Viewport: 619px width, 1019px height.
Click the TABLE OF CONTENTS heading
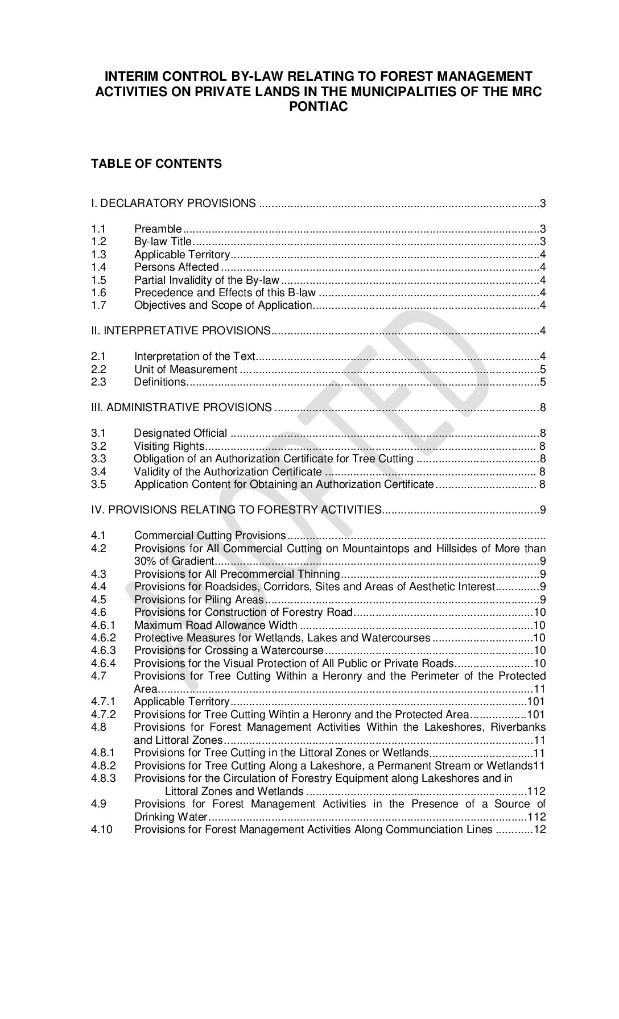(156, 164)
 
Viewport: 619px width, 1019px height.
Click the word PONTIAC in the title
(318, 106)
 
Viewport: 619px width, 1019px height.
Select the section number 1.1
(98, 229)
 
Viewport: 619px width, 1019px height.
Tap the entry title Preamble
(158, 229)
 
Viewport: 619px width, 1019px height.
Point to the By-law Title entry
(163, 242)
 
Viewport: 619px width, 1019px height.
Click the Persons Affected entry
(176, 267)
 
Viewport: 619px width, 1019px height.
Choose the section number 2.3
(98, 382)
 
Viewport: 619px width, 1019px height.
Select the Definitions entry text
(160, 382)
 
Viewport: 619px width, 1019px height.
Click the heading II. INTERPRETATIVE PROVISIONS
(181, 330)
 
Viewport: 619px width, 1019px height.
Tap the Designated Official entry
(180, 433)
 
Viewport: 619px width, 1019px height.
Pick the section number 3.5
(98, 484)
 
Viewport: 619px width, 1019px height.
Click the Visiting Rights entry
(169, 446)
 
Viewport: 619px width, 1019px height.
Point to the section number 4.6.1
(103, 626)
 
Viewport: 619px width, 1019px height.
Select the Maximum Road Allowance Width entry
(216, 626)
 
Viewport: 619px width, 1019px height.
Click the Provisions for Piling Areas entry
(199, 599)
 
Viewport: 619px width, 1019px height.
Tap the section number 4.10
(102, 829)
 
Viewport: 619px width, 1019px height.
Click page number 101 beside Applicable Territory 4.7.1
(537, 701)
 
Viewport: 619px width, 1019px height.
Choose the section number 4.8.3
(103, 778)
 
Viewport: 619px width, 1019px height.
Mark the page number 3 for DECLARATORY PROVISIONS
(543, 204)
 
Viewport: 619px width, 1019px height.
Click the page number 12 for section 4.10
(539, 829)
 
